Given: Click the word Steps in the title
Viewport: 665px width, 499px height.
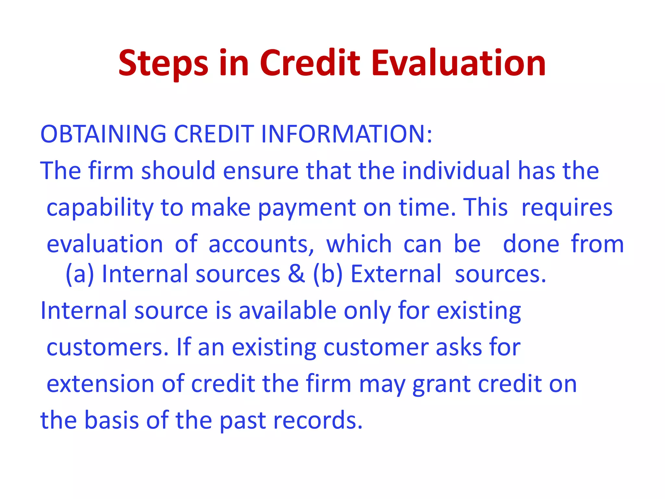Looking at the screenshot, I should click(163, 64).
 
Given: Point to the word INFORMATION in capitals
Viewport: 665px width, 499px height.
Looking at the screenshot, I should click(346, 134).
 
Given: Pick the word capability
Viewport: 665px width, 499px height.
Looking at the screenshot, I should click(100, 208).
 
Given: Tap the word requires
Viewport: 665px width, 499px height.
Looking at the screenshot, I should click(567, 208).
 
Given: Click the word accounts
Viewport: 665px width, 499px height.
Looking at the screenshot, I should click(261, 244).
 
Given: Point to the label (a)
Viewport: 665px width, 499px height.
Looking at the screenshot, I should click(80, 274).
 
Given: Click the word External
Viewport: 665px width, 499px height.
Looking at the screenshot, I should click(396, 274).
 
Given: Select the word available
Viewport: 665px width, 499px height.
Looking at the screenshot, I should click(288, 311).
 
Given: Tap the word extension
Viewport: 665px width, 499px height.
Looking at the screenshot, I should click(100, 384).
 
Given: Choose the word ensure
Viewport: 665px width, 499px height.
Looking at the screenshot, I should click(260, 171).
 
